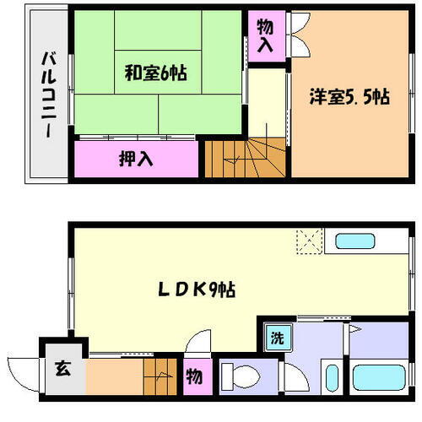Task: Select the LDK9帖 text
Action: (198, 289)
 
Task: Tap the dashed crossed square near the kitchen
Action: (310, 241)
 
